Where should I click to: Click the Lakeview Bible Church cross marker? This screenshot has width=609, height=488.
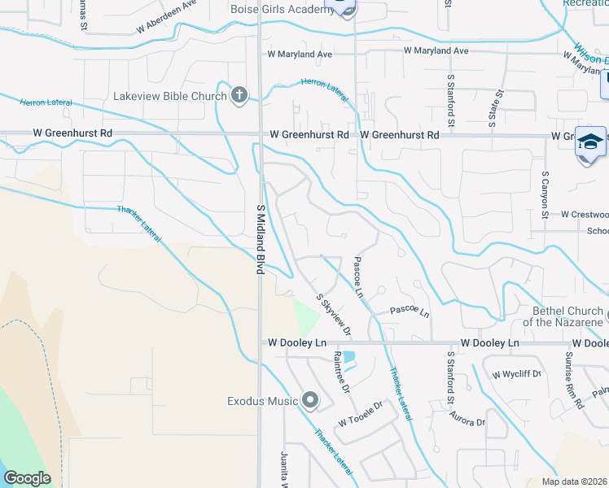pyautogui.click(x=239, y=96)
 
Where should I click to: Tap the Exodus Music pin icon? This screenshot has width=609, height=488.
pyautogui.click(x=310, y=400)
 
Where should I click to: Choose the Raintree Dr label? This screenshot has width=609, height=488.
pyautogui.click(x=340, y=371)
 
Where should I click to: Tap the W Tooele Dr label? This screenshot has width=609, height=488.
pyautogui.click(x=361, y=415)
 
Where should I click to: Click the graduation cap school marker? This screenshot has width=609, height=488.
pyautogui.click(x=589, y=143)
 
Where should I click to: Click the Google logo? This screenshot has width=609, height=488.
pyautogui.click(x=27, y=478)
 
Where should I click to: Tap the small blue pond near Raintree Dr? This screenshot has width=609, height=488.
pyautogui.click(x=349, y=356)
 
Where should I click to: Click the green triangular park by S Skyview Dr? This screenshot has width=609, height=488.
pyautogui.click(x=306, y=318)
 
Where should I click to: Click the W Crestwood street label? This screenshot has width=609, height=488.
pyautogui.click(x=584, y=215)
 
